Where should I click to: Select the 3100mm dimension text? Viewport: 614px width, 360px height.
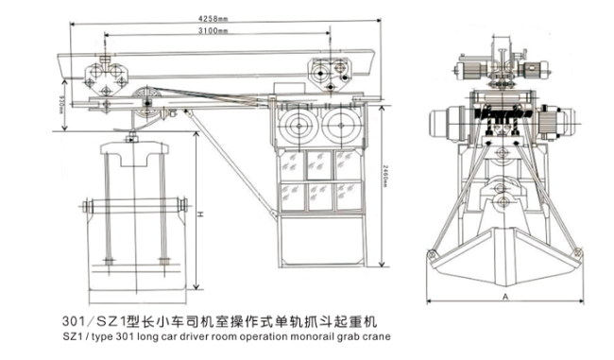211,32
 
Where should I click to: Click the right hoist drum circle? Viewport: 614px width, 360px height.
339,124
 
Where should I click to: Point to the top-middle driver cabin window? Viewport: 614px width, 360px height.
316,162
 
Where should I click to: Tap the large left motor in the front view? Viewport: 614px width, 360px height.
450,122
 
